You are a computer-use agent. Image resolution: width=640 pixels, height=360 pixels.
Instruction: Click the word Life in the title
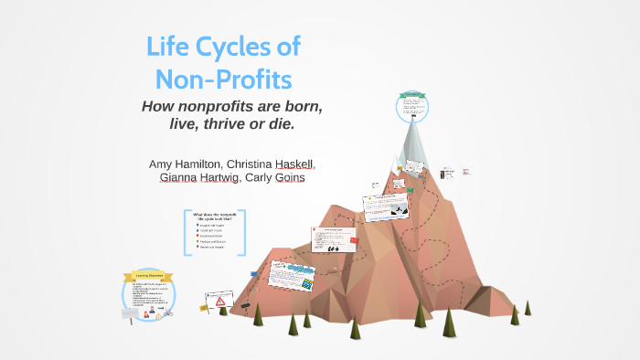(x=170, y=48)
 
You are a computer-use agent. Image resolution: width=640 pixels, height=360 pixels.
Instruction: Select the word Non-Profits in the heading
(x=224, y=79)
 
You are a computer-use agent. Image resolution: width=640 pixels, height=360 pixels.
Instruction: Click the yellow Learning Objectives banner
(x=148, y=275)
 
